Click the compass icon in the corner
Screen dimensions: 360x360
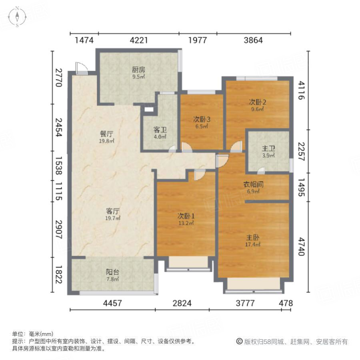pos(18,17)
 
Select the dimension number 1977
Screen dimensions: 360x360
pos(198,40)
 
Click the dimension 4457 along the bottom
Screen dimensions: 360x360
pos(112,303)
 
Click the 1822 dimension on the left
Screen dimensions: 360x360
pos(58,276)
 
